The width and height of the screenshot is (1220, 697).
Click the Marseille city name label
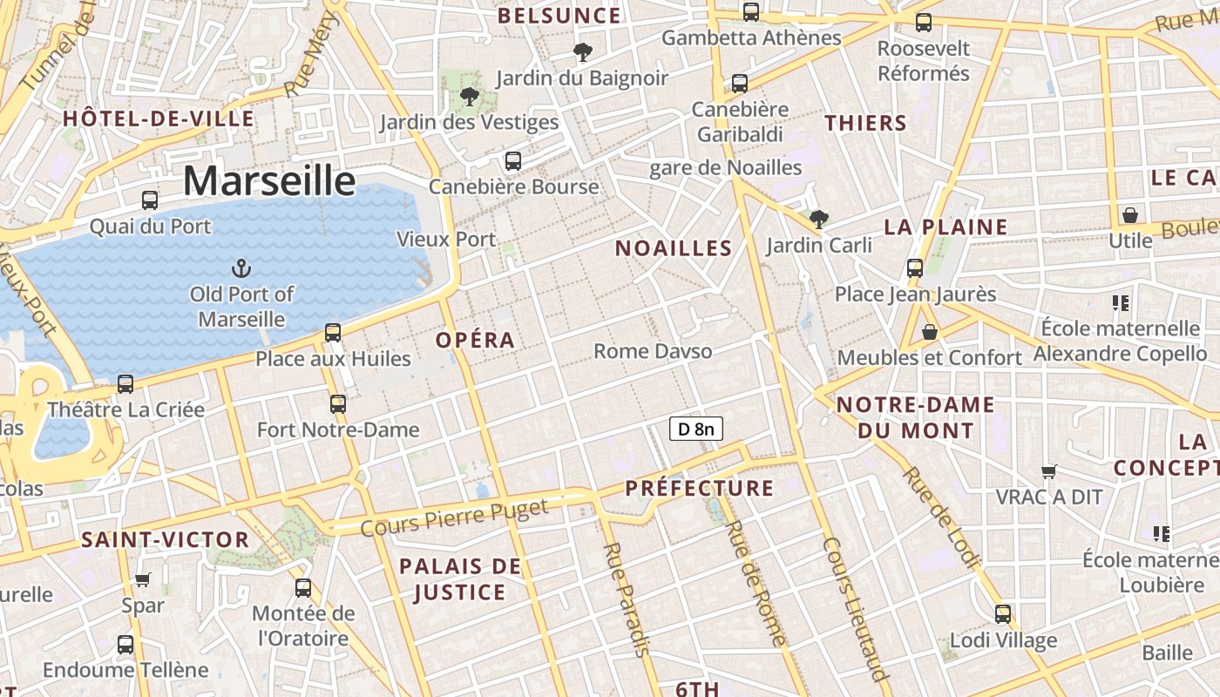pyautogui.click(x=269, y=181)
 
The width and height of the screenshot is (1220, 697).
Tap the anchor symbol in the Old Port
pyautogui.click(x=241, y=268)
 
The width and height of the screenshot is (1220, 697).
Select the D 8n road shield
pyautogui.click(x=695, y=429)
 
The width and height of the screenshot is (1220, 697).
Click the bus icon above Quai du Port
pyautogui.click(x=150, y=200)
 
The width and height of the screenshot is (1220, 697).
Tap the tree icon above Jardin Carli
pyautogui.click(x=818, y=219)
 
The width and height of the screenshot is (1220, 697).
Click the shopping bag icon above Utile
pyautogui.click(x=1130, y=214)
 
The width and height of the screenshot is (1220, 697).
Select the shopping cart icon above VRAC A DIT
pyautogui.click(x=1049, y=471)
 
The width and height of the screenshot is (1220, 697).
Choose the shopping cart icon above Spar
pyautogui.click(x=143, y=579)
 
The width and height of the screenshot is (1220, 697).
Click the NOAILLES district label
pyautogui.click(x=674, y=248)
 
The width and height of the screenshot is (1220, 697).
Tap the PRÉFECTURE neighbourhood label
pyautogui.click(x=699, y=488)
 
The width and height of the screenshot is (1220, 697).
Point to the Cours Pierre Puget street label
pyautogui.click(x=454, y=518)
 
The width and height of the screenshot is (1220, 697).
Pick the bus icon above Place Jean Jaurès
pyautogui.click(x=915, y=268)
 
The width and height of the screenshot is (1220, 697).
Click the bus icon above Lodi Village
pyautogui.click(x=1003, y=614)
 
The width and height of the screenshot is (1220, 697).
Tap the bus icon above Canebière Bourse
pyautogui.click(x=513, y=161)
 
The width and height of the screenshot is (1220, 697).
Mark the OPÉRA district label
pyautogui.click(x=475, y=340)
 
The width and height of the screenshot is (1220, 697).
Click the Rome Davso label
pyautogui.click(x=653, y=351)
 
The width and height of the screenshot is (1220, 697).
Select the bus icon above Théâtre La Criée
pyautogui.click(x=125, y=384)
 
